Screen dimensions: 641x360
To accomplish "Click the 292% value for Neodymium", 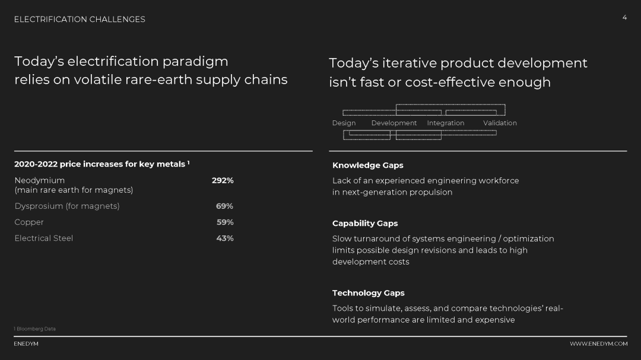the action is (223, 180).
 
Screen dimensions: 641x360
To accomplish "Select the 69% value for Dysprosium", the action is (224, 206).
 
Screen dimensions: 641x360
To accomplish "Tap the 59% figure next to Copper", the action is (225, 222).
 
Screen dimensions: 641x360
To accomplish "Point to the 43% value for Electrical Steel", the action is (225, 238).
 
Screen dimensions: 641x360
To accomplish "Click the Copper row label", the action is (29, 222).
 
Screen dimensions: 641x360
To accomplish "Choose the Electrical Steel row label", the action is (44, 238).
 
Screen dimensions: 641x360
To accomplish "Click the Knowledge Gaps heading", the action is (367, 165).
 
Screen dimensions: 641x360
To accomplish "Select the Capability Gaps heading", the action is (364, 224).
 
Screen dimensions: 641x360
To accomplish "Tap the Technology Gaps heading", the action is (369, 293).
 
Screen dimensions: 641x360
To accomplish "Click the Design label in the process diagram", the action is (344, 123).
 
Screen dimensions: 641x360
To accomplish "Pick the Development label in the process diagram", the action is (394, 123).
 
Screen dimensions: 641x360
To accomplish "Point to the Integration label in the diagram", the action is (446, 123).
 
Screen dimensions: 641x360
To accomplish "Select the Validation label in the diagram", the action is (500, 123).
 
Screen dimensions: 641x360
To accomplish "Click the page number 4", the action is (624, 17).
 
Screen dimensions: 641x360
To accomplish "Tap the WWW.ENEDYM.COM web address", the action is (598, 343).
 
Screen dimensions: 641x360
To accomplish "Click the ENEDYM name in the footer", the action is (26, 343).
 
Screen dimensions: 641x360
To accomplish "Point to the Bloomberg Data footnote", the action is (35, 329).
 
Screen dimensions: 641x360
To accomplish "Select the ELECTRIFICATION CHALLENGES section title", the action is (80, 19).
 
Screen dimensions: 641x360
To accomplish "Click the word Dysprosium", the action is (39, 206).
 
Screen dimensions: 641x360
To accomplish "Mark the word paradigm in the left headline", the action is (195, 62).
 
